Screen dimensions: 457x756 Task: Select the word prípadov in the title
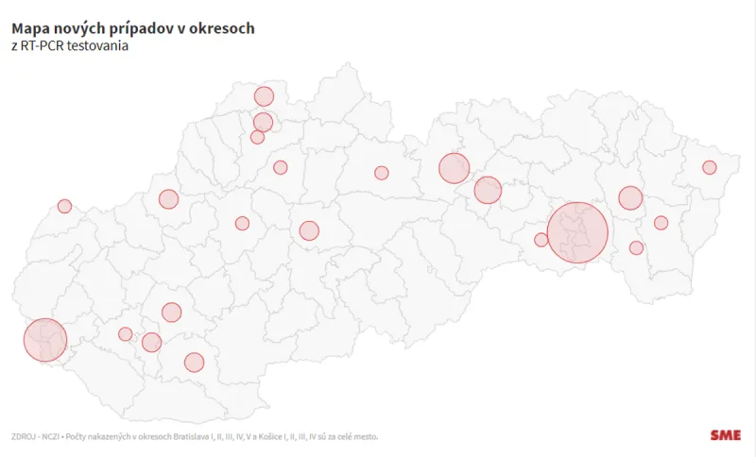144,28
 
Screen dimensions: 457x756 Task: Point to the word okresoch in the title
222,28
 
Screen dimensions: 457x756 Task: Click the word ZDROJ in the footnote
25,436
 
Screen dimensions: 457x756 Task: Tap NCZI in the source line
60,436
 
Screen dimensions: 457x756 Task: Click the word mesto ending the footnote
366,436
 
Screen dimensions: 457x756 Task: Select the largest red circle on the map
577,232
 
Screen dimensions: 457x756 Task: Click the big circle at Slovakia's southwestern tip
44,340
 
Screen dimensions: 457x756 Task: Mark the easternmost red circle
709,167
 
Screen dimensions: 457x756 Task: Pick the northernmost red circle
264,95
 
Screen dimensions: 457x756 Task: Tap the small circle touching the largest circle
541,240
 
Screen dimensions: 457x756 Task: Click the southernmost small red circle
194,362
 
